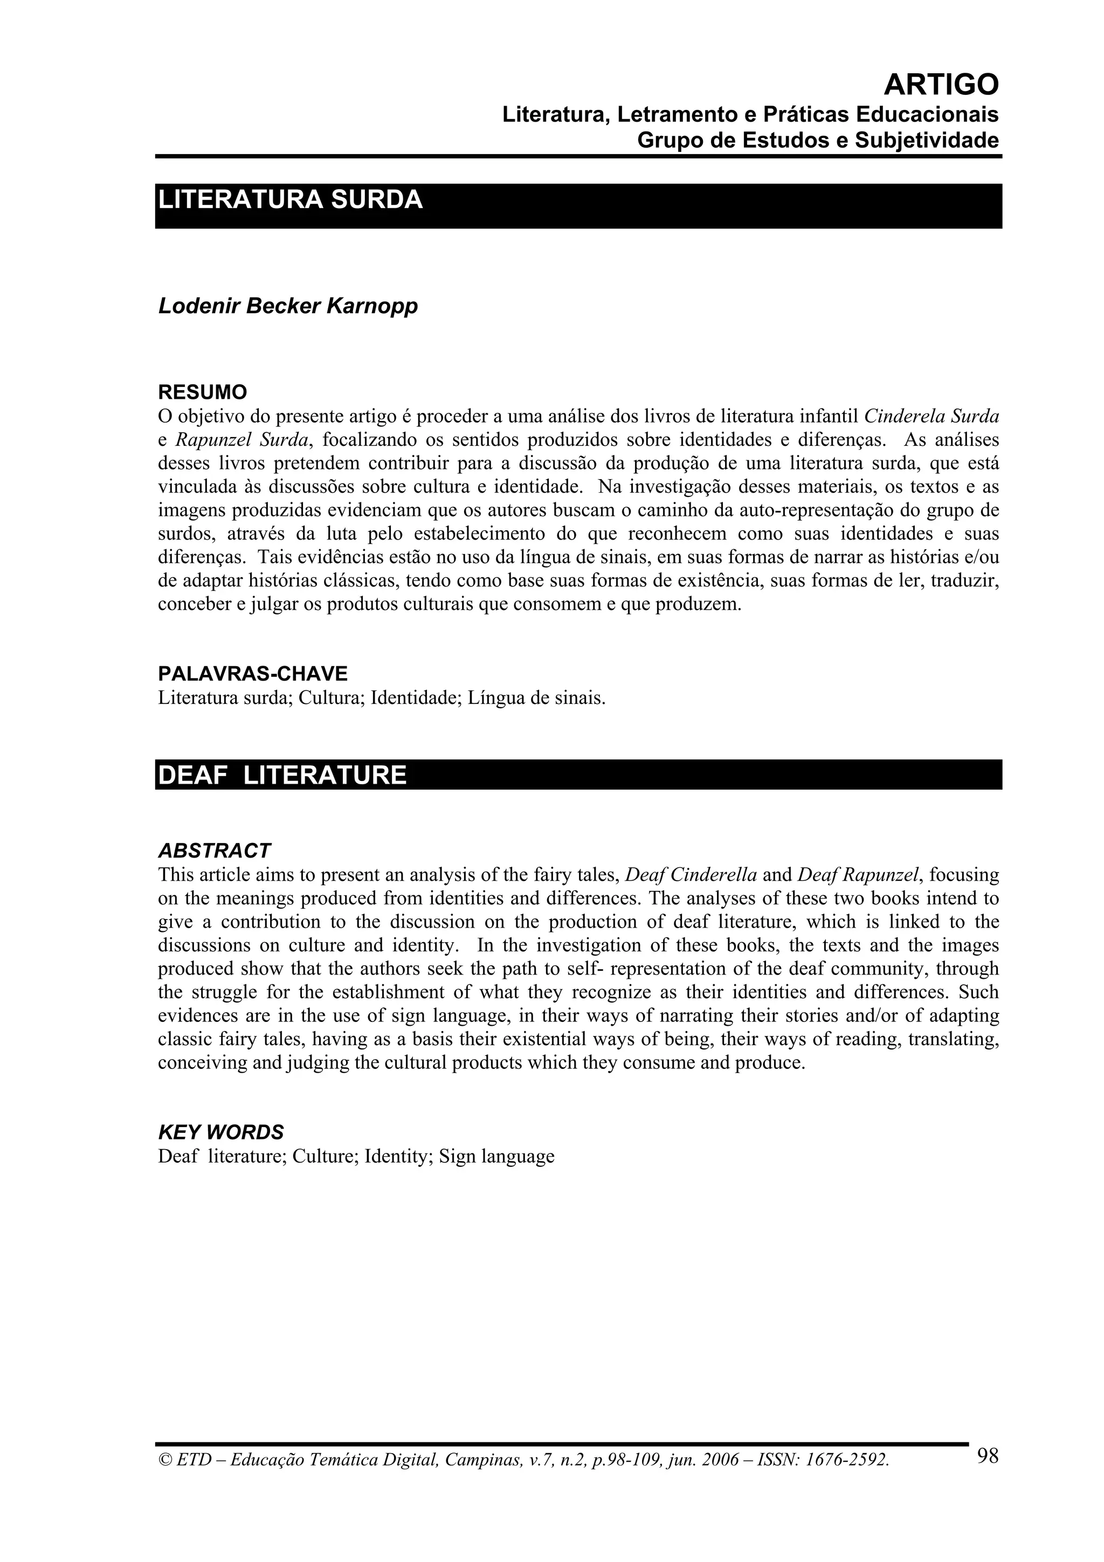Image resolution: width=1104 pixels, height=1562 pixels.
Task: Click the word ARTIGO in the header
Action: [x=941, y=85]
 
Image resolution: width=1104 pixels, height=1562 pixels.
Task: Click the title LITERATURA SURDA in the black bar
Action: [x=291, y=200]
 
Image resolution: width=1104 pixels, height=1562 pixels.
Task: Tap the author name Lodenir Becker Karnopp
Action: [x=288, y=306]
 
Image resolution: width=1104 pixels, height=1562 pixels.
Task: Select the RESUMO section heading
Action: [x=203, y=392]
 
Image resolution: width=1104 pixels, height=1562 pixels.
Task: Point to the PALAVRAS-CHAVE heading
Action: [x=252, y=674]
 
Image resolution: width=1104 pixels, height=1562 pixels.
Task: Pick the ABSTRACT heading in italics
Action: [x=214, y=851]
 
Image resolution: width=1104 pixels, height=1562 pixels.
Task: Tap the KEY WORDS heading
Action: [x=220, y=1132]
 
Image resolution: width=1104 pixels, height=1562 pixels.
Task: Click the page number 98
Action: [x=988, y=1455]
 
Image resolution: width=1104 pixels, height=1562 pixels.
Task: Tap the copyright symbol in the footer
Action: [x=164, y=1460]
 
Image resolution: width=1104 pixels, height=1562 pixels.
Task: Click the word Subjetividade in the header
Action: [x=927, y=140]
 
